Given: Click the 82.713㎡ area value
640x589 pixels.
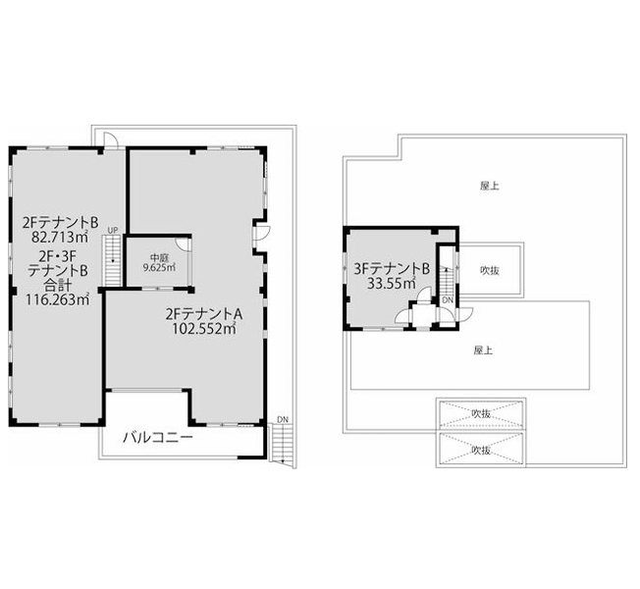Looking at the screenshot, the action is [x=61, y=237].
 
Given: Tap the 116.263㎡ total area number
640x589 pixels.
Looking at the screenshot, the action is [x=58, y=299].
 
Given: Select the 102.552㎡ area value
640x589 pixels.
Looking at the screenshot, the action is [x=204, y=328].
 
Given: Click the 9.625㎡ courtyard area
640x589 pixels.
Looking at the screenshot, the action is [x=159, y=268].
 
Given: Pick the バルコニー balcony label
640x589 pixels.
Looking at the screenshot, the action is [x=158, y=438].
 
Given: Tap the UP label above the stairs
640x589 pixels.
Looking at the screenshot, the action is [x=113, y=231].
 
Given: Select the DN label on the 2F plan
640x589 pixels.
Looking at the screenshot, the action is [x=283, y=419].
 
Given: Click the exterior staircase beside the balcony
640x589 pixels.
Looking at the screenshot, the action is [x=283, y=444].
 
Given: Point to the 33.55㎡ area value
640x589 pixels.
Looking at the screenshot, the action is [x=391, y=283].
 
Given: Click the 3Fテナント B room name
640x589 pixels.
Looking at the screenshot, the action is [x=392, y=269].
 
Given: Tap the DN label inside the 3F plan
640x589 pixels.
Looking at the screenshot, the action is [x=448, y=300].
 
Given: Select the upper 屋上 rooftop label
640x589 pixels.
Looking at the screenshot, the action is [x=490, y=187].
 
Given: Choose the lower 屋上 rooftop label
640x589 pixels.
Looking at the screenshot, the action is [x=483, y=350].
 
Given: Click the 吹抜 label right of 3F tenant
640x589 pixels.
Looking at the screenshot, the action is [x=490, y=270].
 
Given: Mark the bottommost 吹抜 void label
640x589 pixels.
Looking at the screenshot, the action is [x=481, y=450].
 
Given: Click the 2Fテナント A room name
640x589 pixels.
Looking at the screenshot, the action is [x=204, y=314].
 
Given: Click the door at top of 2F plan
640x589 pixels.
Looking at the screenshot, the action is [x=110, y=140].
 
